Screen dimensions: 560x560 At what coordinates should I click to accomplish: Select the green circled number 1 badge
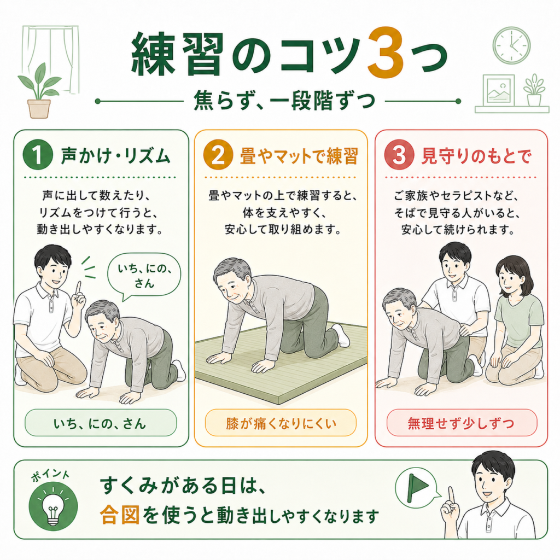click(x=38, y=155)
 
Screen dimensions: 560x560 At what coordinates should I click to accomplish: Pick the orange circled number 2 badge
click(x=218, y=155)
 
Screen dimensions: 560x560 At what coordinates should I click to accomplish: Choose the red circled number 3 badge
click(x=399, y=155)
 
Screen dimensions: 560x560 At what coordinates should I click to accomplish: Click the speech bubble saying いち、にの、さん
click(x=144, y=276)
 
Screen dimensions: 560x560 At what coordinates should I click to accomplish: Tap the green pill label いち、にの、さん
click(x=101, y=423)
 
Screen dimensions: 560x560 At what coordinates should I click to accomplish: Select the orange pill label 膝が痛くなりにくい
click(x=281, y=423)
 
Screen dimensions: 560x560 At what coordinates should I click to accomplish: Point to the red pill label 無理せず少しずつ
click(x=462, y=423)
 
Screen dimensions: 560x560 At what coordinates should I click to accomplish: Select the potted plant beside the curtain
click(x=39, y=91)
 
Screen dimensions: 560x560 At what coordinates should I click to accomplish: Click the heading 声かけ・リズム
click(x=115, y=156)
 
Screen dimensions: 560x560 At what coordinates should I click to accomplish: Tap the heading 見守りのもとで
click(x=476, y=156)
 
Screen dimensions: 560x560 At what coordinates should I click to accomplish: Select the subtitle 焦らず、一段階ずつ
click(x=284, y=101)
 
